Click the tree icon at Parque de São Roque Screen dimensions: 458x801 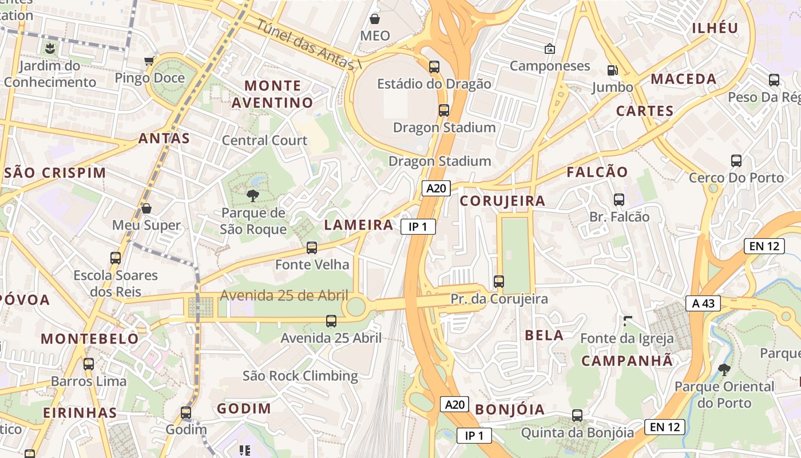(x=252, y=196)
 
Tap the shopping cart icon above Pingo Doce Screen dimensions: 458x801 (x=149, y=61)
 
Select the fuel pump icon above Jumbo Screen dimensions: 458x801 (x=612, y=70)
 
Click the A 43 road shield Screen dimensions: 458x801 (x=703, y=303)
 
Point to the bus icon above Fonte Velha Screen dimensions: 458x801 (x=312, y=248)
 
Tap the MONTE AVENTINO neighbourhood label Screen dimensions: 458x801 (x=273, y=94)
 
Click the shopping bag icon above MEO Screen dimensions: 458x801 (x=375, y=19)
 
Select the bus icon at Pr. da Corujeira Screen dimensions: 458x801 (x=499, y=282)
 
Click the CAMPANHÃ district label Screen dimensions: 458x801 (x=627, y=361)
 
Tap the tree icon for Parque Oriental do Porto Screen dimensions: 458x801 (x=724, y=370)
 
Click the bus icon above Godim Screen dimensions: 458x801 (x=186, y=413)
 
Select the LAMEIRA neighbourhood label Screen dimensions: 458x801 (x=359, y=225)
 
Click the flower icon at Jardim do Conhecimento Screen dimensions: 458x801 (x=51, y=48)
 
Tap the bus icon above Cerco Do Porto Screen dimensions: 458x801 (x=736, y=161)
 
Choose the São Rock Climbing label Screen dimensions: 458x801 (x=300, y=376)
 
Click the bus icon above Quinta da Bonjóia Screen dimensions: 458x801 (x=577, y=416)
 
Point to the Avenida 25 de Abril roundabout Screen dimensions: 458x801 (x=356, y=306)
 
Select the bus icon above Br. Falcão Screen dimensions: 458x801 (x=619, y=200)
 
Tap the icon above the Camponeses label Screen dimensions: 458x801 (x=550, y=49)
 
